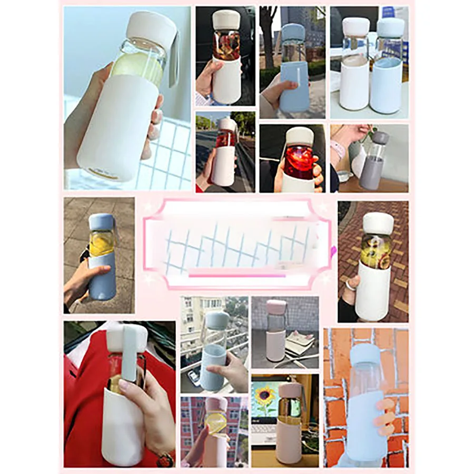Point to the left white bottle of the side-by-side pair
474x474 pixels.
point(353,84)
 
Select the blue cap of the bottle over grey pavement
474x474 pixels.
point(101,222)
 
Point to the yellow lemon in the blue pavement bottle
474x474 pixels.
point(101,243)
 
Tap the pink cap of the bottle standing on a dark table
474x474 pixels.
point(276,307)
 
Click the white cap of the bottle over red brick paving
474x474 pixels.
point(378,223)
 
